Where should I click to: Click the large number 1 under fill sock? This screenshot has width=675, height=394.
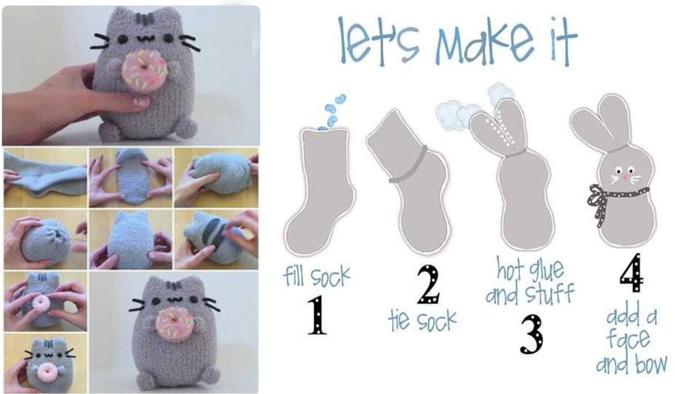(317, 315)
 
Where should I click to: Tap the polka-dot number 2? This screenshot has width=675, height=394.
(429, 284)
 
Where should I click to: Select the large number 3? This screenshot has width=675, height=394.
(531, 334)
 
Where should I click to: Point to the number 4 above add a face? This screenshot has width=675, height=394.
(631, 272)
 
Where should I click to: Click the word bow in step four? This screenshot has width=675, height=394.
(651, 365)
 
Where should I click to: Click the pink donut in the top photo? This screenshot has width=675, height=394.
(145, 70)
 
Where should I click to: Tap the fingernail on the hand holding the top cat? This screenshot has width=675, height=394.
(139, 101)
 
